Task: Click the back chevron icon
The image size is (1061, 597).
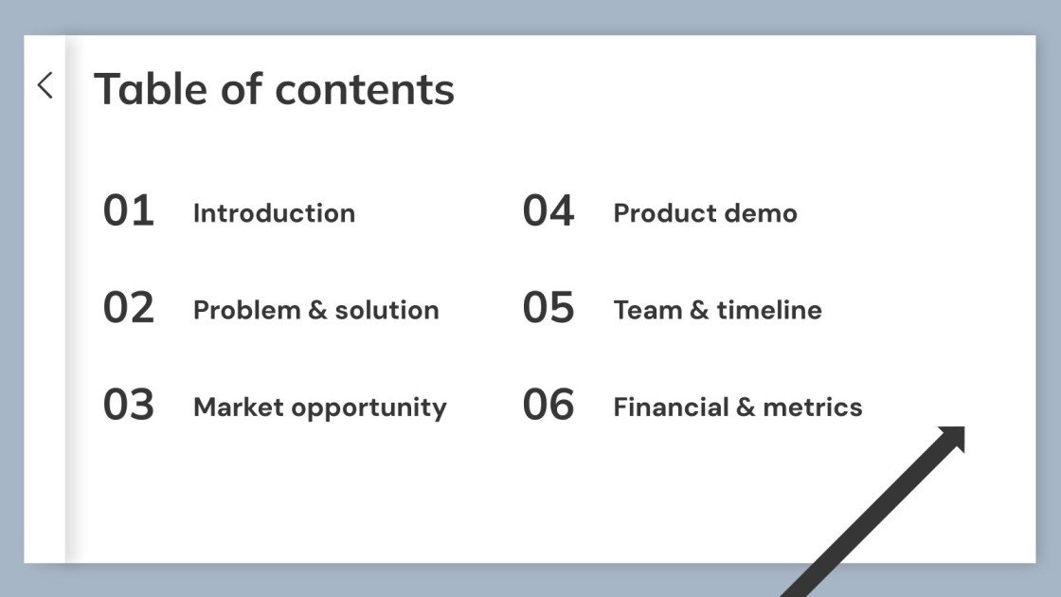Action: click(x=45, y=85)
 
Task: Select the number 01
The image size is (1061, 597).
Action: click(x=128, y=210)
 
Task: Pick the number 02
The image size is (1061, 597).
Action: click(x=128, y=308)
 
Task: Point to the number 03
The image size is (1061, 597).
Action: click(x=128, y=405)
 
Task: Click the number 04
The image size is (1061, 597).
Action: click(x=548, y=210)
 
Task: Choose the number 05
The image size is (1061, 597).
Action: click(x=548, y=308)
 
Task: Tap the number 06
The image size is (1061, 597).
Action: click(x=548, y=405)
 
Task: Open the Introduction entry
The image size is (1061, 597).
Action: click(x=274, y=213)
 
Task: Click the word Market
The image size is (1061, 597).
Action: click(x=238, y=407)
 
